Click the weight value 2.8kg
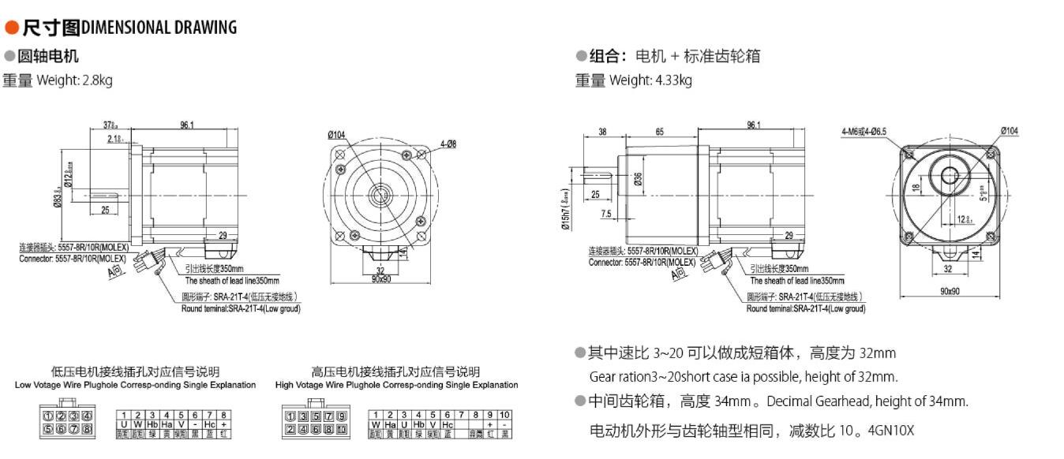coord(97,80)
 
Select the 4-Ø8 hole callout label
coord(448,144)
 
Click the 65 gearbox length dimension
coord(659,132)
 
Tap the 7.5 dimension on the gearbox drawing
coord(606,214)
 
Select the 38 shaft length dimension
coord(602,132)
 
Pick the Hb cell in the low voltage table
coord(152,424)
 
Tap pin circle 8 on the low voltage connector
coord(87,430)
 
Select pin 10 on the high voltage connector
coord(341,430)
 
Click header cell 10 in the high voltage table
coord(504,415)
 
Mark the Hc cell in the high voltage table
coord(448,424)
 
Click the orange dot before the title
coord(11,28)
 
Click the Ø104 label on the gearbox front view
coord(1009,131)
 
